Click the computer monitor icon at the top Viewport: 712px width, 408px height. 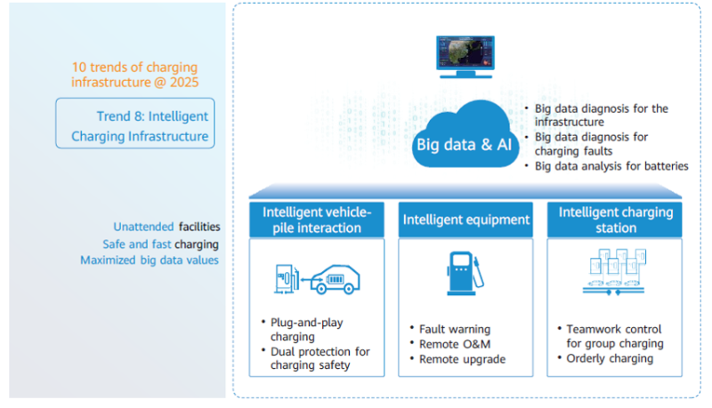(465, 57)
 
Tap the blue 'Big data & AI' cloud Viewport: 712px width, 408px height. (465, 135)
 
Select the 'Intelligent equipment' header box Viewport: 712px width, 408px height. (465, 220)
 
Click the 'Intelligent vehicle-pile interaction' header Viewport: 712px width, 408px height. (317, 220)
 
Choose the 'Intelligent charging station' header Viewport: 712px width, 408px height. (615, 220)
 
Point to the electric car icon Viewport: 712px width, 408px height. (336, 279)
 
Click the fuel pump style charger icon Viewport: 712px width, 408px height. (465, 274)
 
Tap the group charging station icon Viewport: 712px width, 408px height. (614, 271)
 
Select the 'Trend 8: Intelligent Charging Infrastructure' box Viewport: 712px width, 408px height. (135, 124)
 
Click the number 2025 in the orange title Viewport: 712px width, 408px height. (184, 83)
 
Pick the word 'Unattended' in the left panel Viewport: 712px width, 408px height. (143, 227)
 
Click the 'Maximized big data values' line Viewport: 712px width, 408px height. (150, 260)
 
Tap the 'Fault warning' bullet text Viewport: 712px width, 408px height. (455, 329)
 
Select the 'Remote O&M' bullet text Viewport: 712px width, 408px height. (455, 344)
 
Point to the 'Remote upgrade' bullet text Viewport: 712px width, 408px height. (462, 359)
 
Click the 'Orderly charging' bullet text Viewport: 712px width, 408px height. (610, 358)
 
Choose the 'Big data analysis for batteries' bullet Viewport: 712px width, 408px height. (611, 166)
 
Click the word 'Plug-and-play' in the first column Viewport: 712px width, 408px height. (306, 323)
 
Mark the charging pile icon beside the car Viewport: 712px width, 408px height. (287, 279)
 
